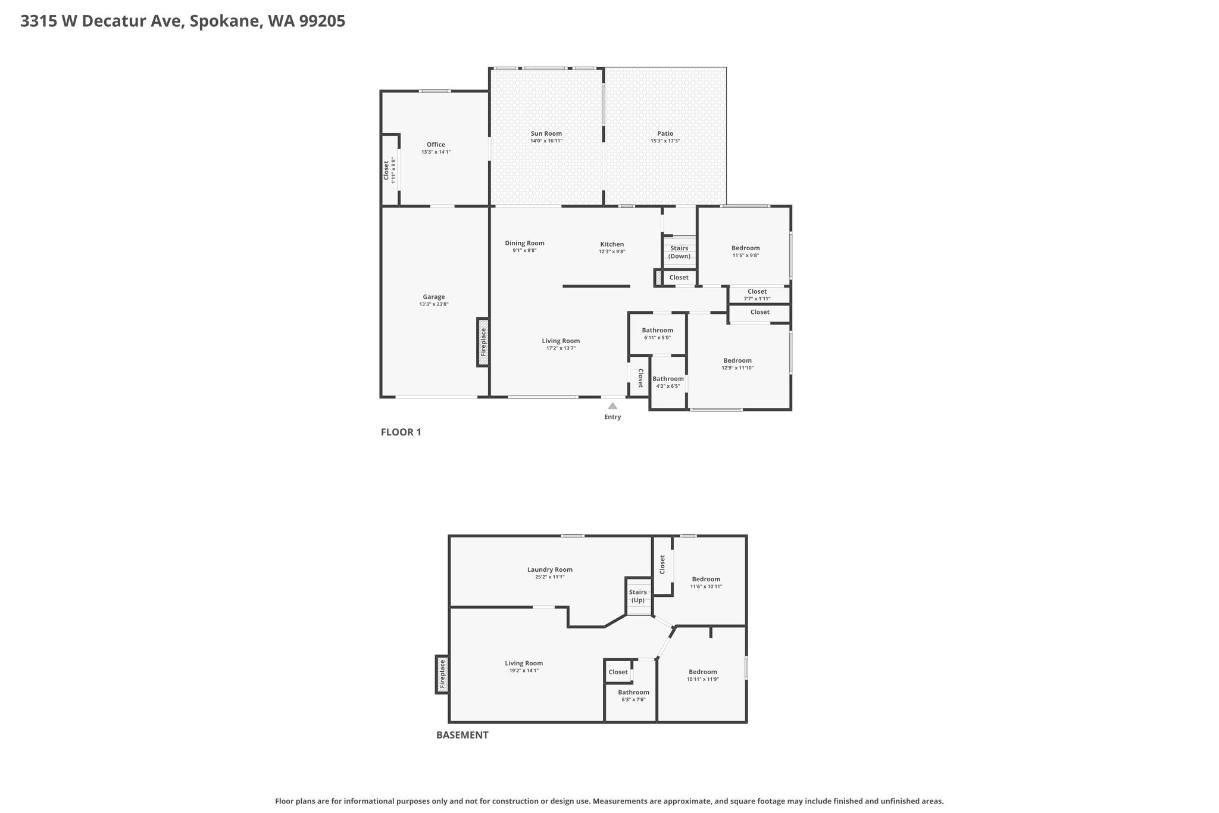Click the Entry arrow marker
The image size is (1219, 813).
[x=612, y=406]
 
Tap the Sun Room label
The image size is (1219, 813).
[x=546, y=133]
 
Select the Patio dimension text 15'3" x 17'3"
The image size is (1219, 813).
[x=665, y=141]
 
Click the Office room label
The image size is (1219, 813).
[x=436, y=144]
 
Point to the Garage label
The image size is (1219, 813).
[x=434, y=297]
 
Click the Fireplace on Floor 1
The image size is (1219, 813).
[x=483, y=342]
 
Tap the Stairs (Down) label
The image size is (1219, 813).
[x=679, y=252]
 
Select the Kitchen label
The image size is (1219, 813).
[x=612, y=244]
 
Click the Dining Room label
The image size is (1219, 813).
[x=524, y=243]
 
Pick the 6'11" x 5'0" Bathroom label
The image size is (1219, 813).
[x=657, y=334]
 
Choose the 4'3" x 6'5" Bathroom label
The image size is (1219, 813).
[x=668, y=382]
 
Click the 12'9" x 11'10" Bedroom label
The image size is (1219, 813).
[x=737, y=364]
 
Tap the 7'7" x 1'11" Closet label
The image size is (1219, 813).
[x=757, y=295]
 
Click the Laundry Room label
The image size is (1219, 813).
[x=550, y=569]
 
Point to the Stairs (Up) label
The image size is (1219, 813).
[x=638, y=596]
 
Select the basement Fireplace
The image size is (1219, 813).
[x=442, y=674]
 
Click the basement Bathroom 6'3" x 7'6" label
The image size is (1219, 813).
[x=633, y=696]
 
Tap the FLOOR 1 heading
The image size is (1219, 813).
[x=401, y=432]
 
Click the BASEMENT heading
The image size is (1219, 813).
[x=462, y=735]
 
